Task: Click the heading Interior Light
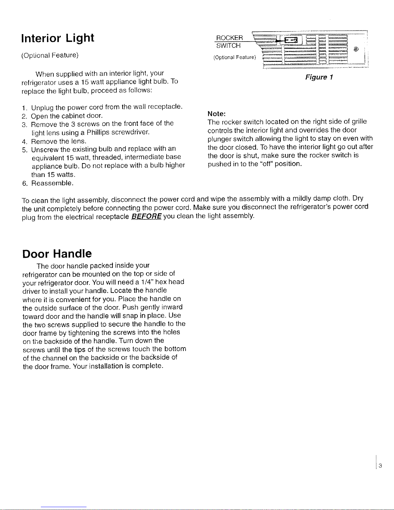58,38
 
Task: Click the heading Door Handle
57,254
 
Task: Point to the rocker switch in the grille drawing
292,40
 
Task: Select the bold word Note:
217,114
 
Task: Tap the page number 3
380,466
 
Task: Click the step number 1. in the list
24,107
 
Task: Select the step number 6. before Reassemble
24,183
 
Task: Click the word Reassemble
52,183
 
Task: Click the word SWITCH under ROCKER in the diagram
228,46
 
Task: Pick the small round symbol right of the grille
356,49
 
